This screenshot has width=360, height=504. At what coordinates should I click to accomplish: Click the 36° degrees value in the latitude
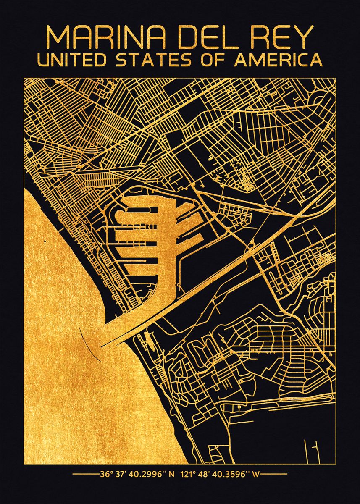pyautogui.click(x=106, y=475)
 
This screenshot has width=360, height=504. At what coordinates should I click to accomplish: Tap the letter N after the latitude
pyautogui.click(x=171, y=475)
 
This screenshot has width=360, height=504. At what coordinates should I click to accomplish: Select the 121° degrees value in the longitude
pyautogui.click(x=188, y=475)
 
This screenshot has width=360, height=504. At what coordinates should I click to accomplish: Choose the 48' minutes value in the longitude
pyautogui.click(x=205, y=475)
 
